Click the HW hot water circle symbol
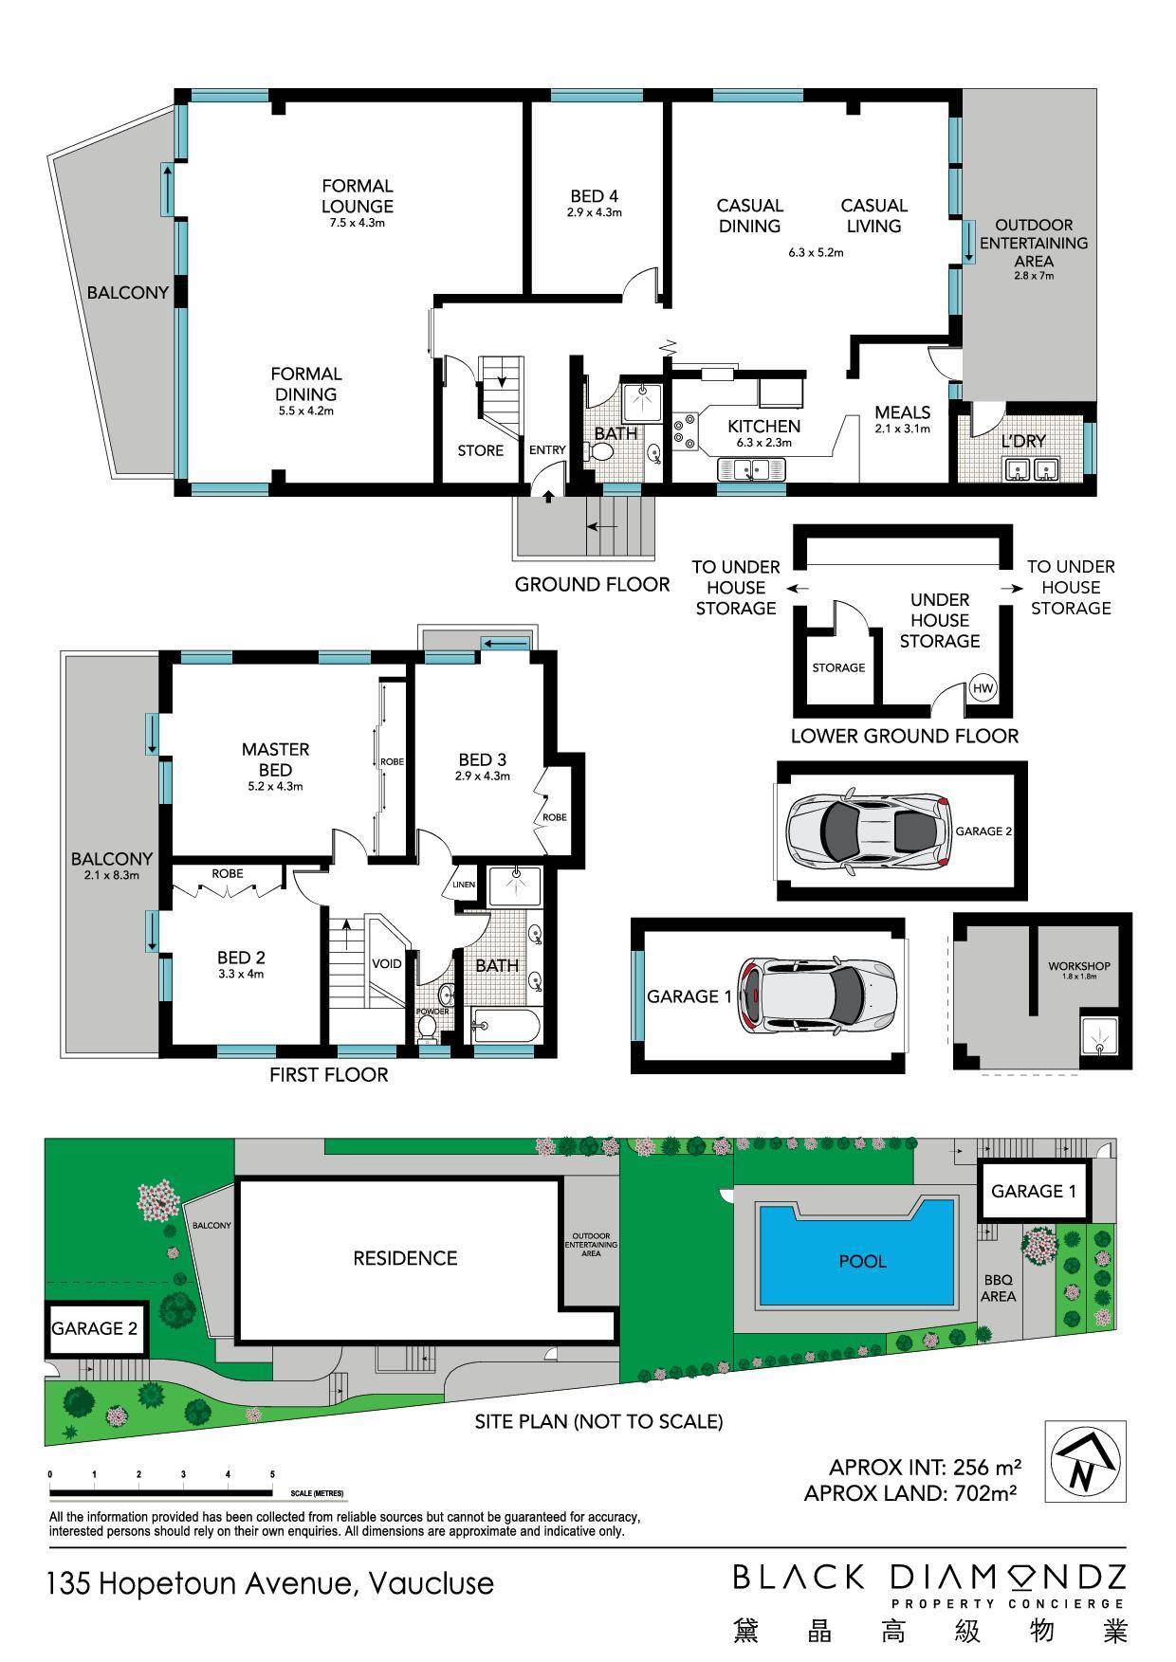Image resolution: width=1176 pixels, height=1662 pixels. point(982,688)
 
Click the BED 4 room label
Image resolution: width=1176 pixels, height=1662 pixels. point(594,203)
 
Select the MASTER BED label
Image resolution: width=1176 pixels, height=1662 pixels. point(275,765)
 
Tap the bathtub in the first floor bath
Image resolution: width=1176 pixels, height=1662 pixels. point(505,1025)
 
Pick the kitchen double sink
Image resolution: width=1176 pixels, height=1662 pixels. point(752,468)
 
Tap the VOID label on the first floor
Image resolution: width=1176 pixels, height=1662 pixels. point(387,963)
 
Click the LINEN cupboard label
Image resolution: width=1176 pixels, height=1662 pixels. point(464,885)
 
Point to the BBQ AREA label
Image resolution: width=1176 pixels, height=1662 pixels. point(998,1288)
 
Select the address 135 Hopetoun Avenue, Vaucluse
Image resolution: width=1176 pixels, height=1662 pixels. point(271,1584)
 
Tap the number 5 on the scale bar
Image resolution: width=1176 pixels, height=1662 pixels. point(272,1474)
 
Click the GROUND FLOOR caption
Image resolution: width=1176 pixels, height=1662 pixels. point(592,584)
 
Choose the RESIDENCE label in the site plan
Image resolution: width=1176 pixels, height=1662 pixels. point(405,1258)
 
